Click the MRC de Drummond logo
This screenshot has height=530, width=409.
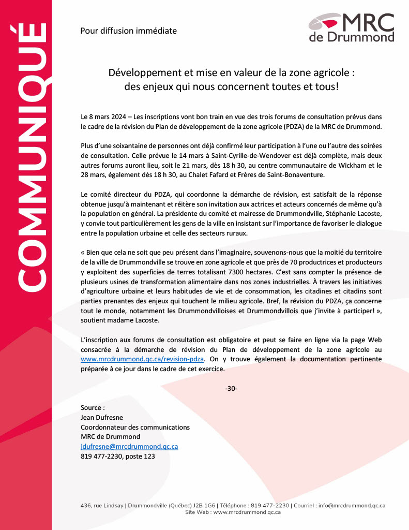[351, 27]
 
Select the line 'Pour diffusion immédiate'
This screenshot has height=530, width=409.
[128, 31]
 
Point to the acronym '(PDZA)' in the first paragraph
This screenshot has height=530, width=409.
[296, 127]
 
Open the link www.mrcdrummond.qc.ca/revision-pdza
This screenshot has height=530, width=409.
[143, 358]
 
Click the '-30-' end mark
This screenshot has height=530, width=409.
[231, 388]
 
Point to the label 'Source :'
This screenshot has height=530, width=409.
[93, 408]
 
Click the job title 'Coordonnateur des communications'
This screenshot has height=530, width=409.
[135, 427]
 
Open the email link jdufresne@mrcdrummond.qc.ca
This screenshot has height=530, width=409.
[129, 446]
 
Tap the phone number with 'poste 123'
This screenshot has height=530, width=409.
[117, 456]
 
